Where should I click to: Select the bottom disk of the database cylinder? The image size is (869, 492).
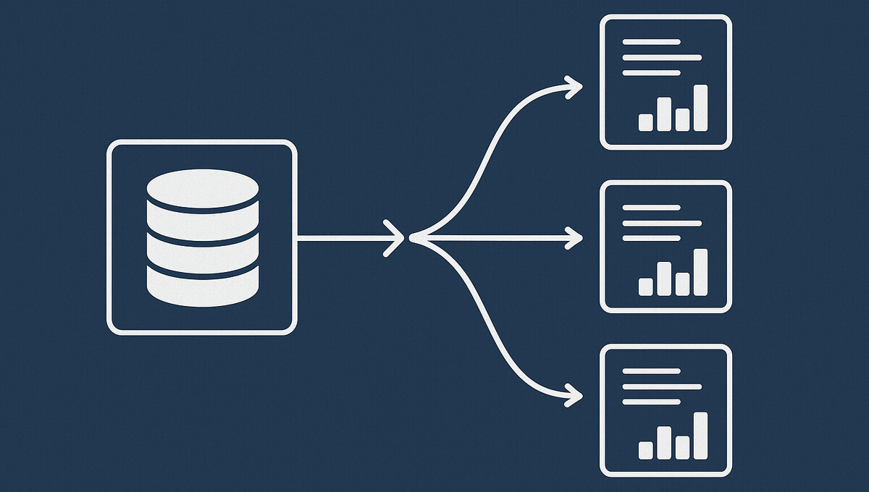(202, 287)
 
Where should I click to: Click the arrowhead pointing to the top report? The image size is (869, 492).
(574, 88)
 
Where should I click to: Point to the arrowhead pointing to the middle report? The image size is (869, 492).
(574, 237)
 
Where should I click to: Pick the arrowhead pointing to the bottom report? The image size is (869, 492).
(574, 395)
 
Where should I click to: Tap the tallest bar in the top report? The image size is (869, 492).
(700, 108)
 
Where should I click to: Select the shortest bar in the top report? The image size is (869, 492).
(645, 122)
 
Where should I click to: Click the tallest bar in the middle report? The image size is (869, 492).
(700, 272)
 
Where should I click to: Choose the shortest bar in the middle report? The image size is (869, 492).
(645, 287)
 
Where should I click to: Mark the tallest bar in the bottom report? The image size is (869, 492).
(700, 436)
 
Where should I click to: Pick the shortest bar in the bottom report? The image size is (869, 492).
(645, 450)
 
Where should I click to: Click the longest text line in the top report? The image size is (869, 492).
(662, 57)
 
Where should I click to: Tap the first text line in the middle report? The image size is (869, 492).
(651, 207)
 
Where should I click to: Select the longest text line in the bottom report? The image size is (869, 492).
(662, 386)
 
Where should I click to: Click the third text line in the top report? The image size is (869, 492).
(651, 73)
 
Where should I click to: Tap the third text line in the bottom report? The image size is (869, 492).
(651, 402)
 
